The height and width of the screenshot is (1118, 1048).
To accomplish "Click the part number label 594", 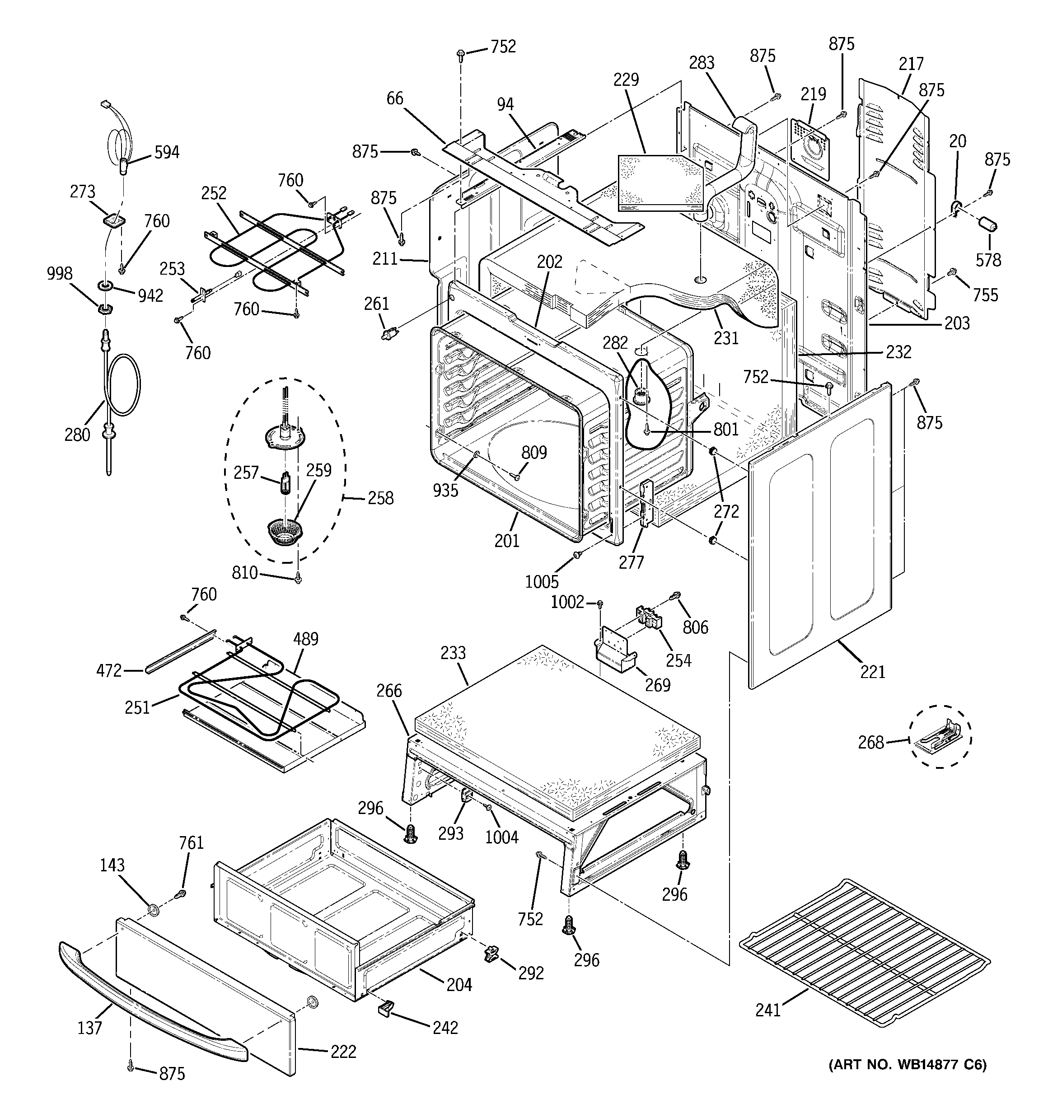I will pyautogui.click(x=167, y=152).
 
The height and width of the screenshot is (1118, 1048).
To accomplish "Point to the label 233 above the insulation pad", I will pyautogui.click(x=454, y=653).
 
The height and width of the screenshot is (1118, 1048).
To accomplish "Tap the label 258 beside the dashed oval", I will pyautogui.click(x=380, y=498).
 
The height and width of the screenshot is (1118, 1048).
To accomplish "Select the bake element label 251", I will pyautogui.click(x=138, y=707).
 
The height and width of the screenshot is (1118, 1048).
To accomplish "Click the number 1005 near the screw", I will pyautogui.click(x=542, y=581).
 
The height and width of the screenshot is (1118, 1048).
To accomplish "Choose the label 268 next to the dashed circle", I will pyautogui.click(x=871, y=742).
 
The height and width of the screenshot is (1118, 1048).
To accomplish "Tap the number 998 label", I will pyautogui.click(x=59, y=274).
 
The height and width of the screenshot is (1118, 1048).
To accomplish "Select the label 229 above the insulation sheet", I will pyautogui.click(x=626, y=80).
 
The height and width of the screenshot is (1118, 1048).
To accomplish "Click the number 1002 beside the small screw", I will pyautogui.click(x=567, y=602).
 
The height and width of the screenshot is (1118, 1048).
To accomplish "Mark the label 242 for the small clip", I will pyautogui.click(x=445, y=1028).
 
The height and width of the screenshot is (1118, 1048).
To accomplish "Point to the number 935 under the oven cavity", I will pyautogui.click(x=445, y=491).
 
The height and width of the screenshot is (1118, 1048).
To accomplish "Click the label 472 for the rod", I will pyautogui.click(x=109, y=670).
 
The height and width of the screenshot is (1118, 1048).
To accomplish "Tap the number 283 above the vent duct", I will pyautogui.click(x=702, y=63).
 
